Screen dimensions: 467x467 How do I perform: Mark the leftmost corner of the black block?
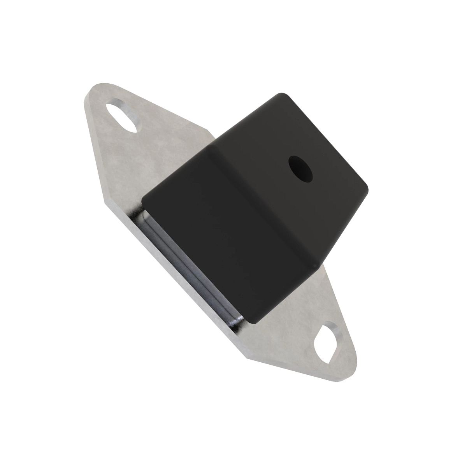click(143, 200)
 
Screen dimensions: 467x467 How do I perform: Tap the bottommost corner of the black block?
click(253, 322)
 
